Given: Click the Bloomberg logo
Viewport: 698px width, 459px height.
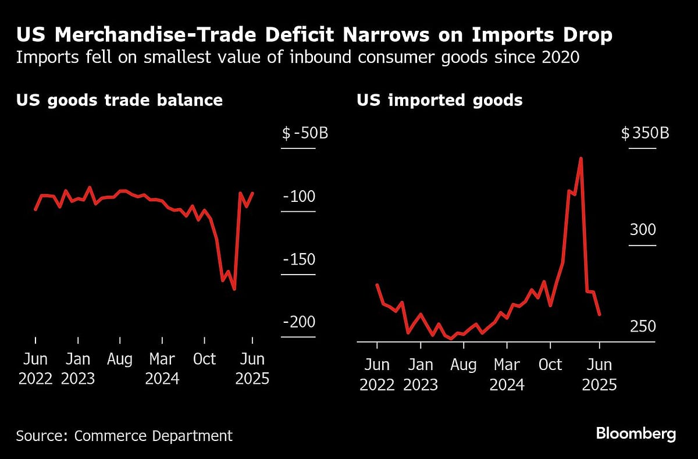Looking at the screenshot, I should [x=635, y=433].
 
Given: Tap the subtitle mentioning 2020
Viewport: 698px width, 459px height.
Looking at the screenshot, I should [x=297, y=58].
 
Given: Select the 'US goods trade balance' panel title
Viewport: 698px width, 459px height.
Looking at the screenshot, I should [x=119, y=100].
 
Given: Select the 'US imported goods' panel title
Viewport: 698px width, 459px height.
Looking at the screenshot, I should [x=439, y=100].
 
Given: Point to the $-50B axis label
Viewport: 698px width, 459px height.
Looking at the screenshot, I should [x=305, y=133].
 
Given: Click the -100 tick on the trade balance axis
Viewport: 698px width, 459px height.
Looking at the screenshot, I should [x=299, y=197].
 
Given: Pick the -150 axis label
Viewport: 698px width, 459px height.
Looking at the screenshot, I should [x=299, y=259].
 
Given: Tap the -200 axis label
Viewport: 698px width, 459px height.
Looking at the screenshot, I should [x=299, y=322].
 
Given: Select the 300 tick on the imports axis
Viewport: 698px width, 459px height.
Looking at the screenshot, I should [x=642, y=230].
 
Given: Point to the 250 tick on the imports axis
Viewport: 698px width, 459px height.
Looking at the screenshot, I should [x=642, y=326].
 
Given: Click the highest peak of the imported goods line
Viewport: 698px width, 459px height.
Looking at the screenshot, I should [x=581, y=158].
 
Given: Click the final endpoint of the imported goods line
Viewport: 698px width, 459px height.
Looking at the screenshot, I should [x=599, y=315].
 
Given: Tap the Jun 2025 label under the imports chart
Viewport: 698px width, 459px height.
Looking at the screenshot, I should [x=599, y=375].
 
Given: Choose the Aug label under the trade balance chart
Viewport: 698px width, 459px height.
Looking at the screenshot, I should [x=120, y=359].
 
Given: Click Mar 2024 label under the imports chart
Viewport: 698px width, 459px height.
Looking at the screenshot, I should [x=507, y=375].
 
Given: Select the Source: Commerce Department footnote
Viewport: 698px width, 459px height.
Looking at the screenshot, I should [x=124, y=435].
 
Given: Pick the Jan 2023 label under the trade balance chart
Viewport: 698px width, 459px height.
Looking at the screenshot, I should [x=78, y=369].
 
